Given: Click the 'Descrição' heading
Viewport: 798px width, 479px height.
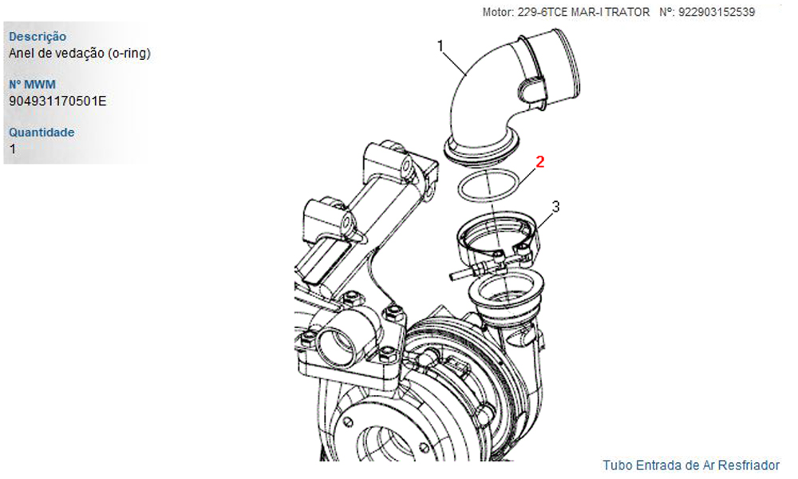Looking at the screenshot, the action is (x=38, y=37).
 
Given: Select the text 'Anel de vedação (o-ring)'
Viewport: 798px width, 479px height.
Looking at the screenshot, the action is (x=79, y=53).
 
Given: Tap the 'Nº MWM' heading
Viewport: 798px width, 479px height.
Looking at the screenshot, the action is (x=32, y=85).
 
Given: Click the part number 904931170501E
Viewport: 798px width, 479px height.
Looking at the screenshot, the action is (x=57, y=101).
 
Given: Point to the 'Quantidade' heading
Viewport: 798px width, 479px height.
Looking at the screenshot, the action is (x=41, y=133).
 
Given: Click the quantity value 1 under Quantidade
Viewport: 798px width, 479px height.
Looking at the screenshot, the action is (x=12, y=149).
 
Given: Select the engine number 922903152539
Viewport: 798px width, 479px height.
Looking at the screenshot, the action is (x=717, y=12).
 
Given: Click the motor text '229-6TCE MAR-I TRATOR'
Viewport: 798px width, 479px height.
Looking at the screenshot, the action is (x=584, y=12).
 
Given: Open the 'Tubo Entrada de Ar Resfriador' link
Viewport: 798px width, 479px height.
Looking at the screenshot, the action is (x=691, y=465).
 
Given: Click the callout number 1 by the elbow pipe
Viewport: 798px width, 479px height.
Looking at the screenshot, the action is (x=440, y=46).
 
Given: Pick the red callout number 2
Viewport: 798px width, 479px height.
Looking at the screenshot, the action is (x=540, y=162).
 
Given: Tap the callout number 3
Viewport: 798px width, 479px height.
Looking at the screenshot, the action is (x=555, y=207).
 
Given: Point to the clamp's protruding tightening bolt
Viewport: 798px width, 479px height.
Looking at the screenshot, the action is (x=460, y=273).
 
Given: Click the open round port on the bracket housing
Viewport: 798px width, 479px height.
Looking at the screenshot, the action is (x=336, y=346).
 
